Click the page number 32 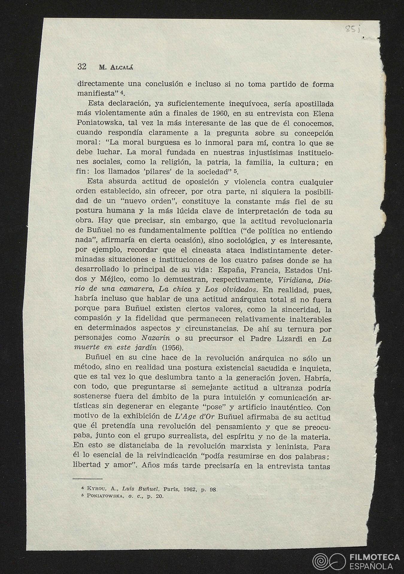tap(82, 66)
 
